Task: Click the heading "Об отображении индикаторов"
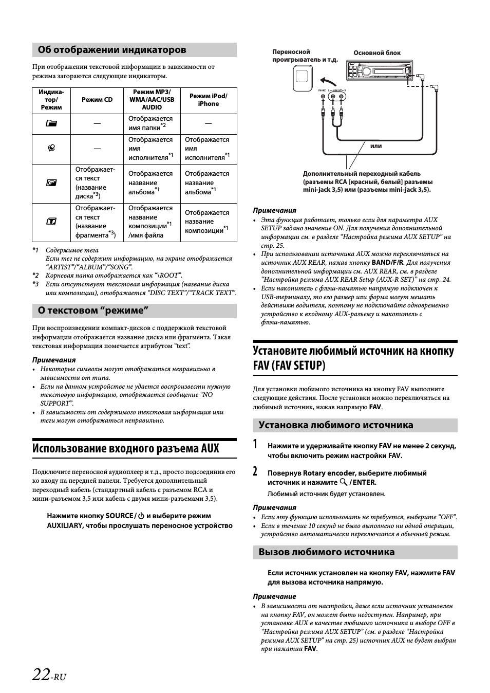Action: coord(112,50)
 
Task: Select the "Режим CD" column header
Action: coord(97,100)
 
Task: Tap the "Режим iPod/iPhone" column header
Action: coord(208,100)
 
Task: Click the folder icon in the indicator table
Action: coord(51,123)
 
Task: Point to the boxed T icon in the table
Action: coord(51,222)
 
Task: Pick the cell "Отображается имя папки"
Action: coord(150,123)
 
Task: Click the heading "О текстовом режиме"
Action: coord(93,311)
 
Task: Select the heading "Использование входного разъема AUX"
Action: coord(126,448)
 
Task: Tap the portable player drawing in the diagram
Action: coord(303,78)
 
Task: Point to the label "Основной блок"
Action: coord(377,53)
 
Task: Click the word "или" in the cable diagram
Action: coord(376,146)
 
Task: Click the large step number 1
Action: coord(256,445)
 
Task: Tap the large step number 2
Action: coord(256,471)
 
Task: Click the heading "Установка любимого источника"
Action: coord(336,425)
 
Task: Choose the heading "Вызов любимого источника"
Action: coord(327,552)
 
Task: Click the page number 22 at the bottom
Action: coord(41,674)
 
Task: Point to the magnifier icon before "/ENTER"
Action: coord(344,482)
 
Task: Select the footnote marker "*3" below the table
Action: coord(35,284)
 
